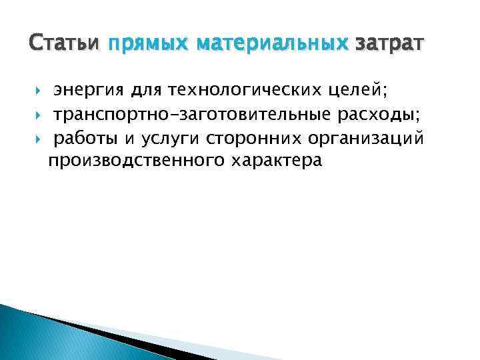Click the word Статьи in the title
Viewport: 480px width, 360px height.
(64, 45)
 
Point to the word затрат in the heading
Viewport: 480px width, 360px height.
(389, 45)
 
